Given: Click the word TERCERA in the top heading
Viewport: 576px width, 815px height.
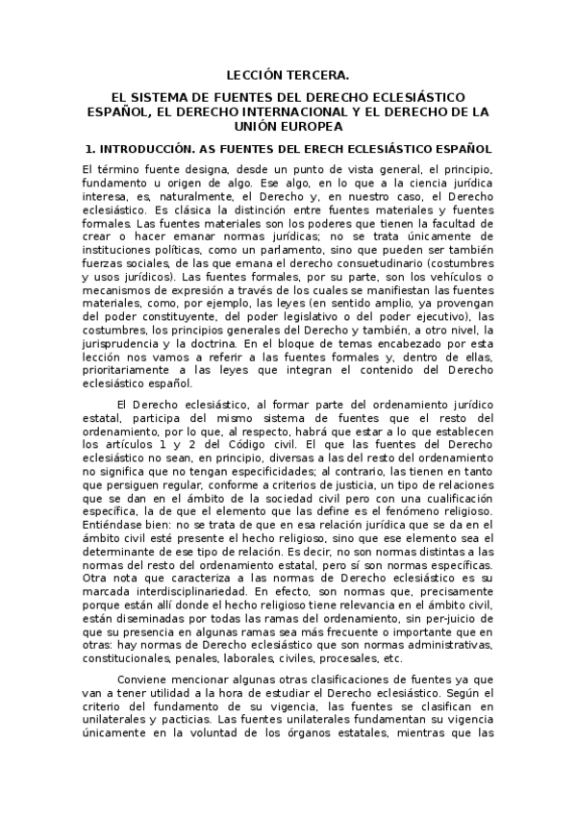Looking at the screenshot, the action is [319, 73].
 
